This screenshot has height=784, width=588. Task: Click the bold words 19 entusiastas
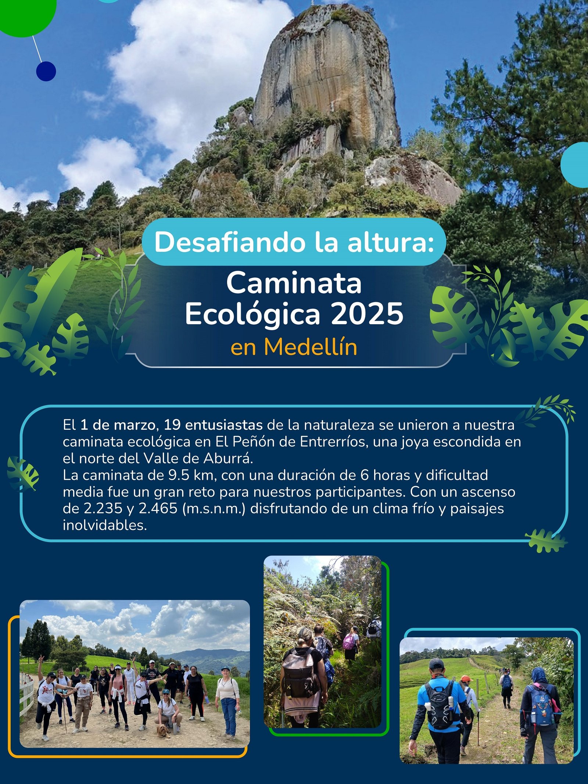coord(213,425)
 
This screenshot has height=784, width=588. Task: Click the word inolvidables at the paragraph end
coord(105,525)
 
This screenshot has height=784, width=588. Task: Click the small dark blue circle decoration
coord(46,71)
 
